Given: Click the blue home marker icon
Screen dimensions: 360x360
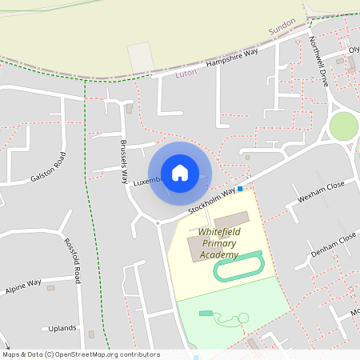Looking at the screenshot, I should pos(179,173).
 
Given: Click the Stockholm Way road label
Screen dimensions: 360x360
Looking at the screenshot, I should pos(212,200).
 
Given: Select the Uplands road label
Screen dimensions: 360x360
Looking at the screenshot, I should pos(62,328).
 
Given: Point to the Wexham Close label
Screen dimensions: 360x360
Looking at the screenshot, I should pos(321,191).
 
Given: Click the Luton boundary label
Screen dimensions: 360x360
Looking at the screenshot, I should pos(185,73).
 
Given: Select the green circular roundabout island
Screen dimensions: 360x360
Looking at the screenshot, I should pos(343,126).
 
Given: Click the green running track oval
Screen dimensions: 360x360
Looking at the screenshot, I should pos(238,266).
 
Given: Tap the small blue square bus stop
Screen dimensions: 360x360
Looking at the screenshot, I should pos(240,189).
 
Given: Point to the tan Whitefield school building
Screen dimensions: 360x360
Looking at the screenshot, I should pos(232,218).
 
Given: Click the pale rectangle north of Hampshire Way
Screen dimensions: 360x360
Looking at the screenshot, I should pos(140,55).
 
